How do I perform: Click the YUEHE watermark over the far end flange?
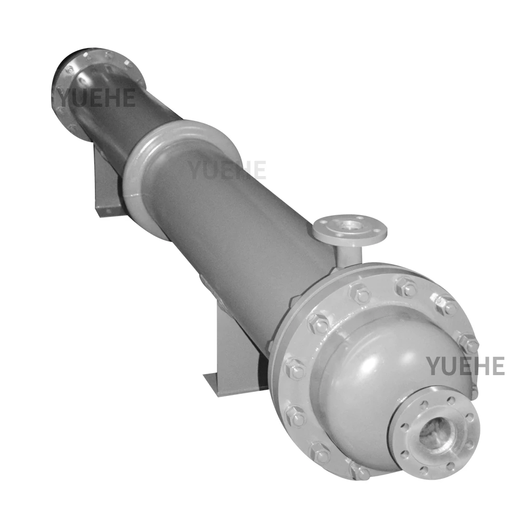click(x=97, y=97)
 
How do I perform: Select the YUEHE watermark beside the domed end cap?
click(x=465, y=366)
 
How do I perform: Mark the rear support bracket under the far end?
click(x=107, y=182)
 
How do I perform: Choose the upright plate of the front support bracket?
click(x=234, y=344)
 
